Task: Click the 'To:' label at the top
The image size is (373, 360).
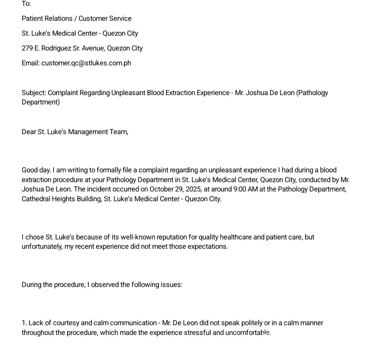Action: pos(26,4)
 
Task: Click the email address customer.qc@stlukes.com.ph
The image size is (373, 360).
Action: pos(86,63)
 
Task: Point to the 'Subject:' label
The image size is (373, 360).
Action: pos(34,93)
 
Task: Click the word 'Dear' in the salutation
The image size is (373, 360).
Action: pos(29,132)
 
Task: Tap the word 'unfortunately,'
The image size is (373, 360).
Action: pos(42,247)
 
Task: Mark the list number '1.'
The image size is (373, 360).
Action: pos(24,323)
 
